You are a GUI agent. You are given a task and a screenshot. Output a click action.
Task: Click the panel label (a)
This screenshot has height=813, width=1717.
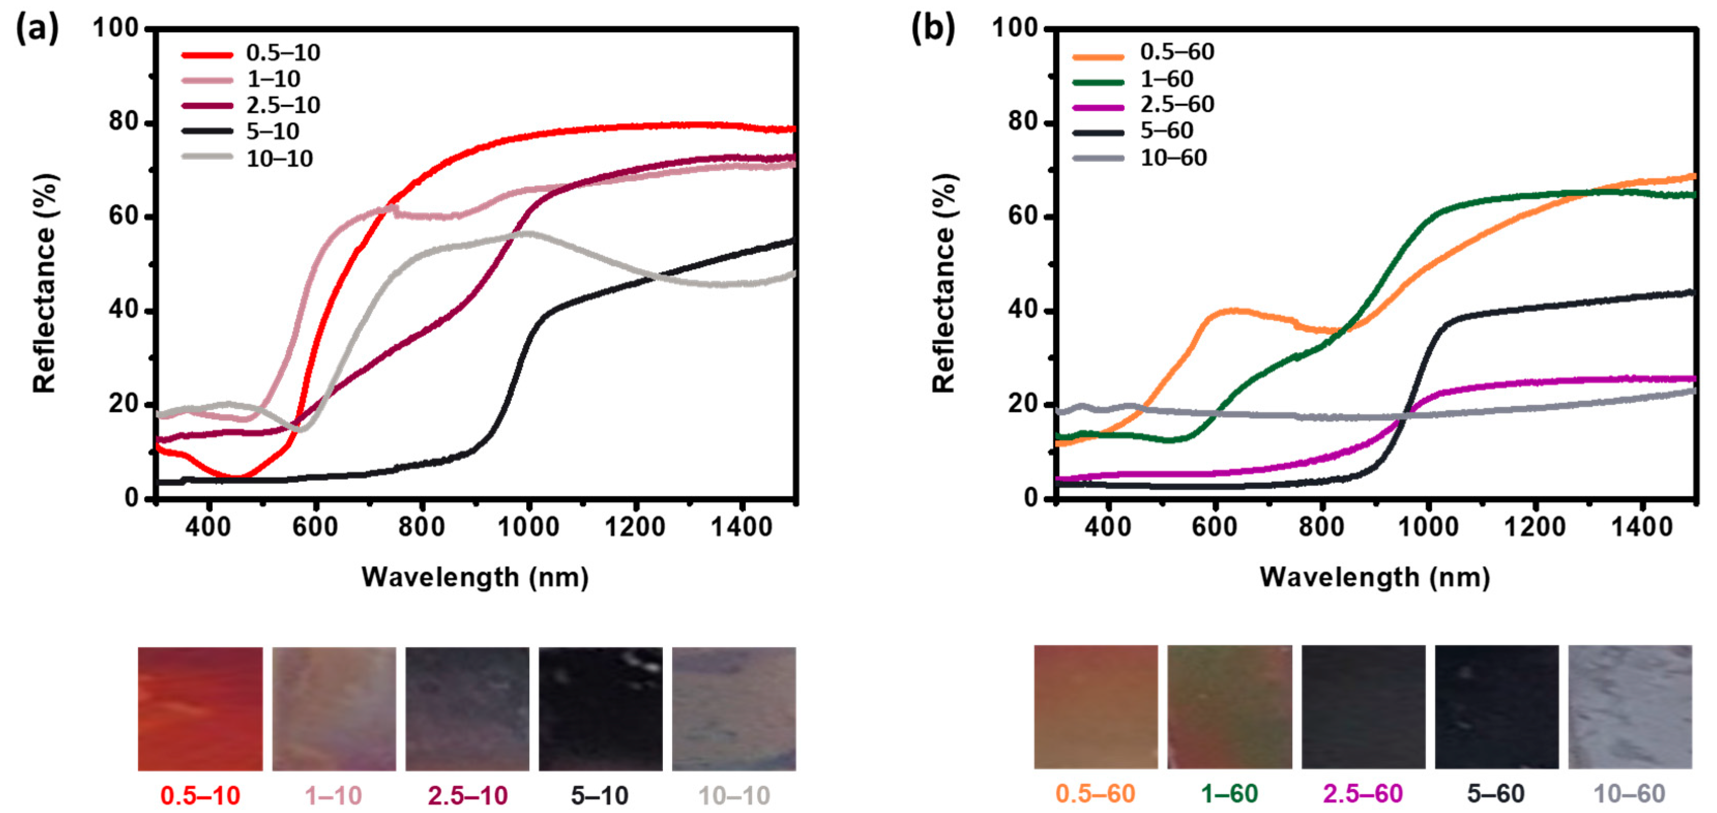click(37, 29)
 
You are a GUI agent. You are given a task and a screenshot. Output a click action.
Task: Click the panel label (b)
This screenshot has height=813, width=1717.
click(932, 29)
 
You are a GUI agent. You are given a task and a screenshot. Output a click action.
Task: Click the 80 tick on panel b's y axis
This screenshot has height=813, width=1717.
click(1024, 122)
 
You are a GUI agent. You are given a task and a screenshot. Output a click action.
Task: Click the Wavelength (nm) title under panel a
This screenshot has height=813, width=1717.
click(475, 577)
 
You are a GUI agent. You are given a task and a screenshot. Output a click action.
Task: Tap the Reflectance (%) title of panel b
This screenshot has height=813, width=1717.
click(944, 283)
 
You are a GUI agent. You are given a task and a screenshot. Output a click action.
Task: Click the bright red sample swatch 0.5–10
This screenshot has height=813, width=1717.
click(200, 708)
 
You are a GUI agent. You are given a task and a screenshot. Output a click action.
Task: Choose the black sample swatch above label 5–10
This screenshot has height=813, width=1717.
click(600, 708)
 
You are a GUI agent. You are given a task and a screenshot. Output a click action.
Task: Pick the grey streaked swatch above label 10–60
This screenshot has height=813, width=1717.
click(1630, 707)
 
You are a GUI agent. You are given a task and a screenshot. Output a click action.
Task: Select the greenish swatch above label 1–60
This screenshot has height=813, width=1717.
click(1229, 707)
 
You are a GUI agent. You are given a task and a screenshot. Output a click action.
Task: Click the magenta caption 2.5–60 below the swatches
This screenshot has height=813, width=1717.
click(1363, 794)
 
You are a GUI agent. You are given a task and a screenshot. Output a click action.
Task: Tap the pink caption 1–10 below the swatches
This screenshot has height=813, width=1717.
click(333, 795)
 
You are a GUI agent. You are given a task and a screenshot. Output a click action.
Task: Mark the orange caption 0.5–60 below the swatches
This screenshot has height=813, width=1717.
click(1095, 794)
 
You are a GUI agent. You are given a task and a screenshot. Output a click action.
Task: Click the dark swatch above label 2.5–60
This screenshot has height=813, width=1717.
click(1363, 707)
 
